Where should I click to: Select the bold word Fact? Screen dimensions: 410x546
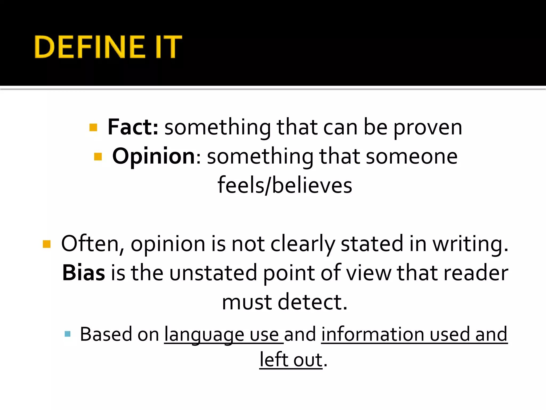[x=133, y=127]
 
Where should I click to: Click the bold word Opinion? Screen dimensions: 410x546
[x=154, y=156]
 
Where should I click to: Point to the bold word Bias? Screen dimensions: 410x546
[x=83, y=273]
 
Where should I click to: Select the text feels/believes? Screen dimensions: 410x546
[x=285, y=185]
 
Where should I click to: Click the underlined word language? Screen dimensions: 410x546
[x=204, y=335]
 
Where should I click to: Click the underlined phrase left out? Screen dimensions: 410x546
[x=291, y=360]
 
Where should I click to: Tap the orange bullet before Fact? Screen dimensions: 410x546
[x=93, y=127]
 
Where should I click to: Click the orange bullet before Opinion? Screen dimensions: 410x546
[x=98, y=156]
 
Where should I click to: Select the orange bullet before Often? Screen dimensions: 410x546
[x=47, y=244]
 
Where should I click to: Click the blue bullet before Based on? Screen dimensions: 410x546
[x=67, y=334]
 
